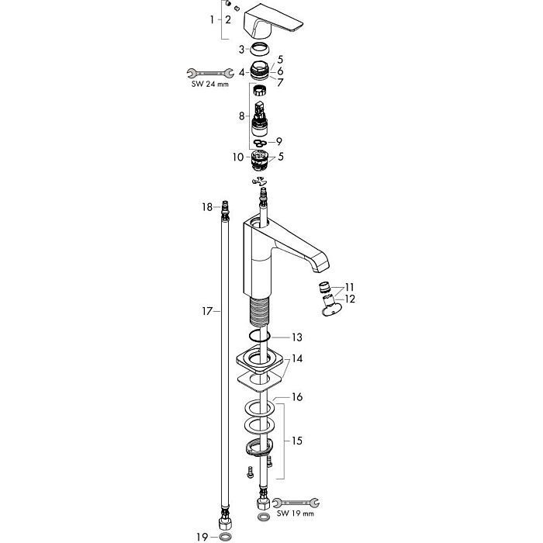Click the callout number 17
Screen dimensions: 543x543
pos(207,312)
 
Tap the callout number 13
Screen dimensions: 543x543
pos(297,337)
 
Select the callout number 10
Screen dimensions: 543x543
pos(238,157)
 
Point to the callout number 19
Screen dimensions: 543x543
pos(202,537)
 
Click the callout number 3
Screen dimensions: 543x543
pos(241,50)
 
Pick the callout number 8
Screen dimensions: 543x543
pos(242,116)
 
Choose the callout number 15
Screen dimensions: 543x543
pos(297,441)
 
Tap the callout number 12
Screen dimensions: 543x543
pos(350,299)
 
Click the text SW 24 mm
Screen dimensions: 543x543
pos(210,84)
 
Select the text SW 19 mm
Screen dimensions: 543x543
pos(296,514)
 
